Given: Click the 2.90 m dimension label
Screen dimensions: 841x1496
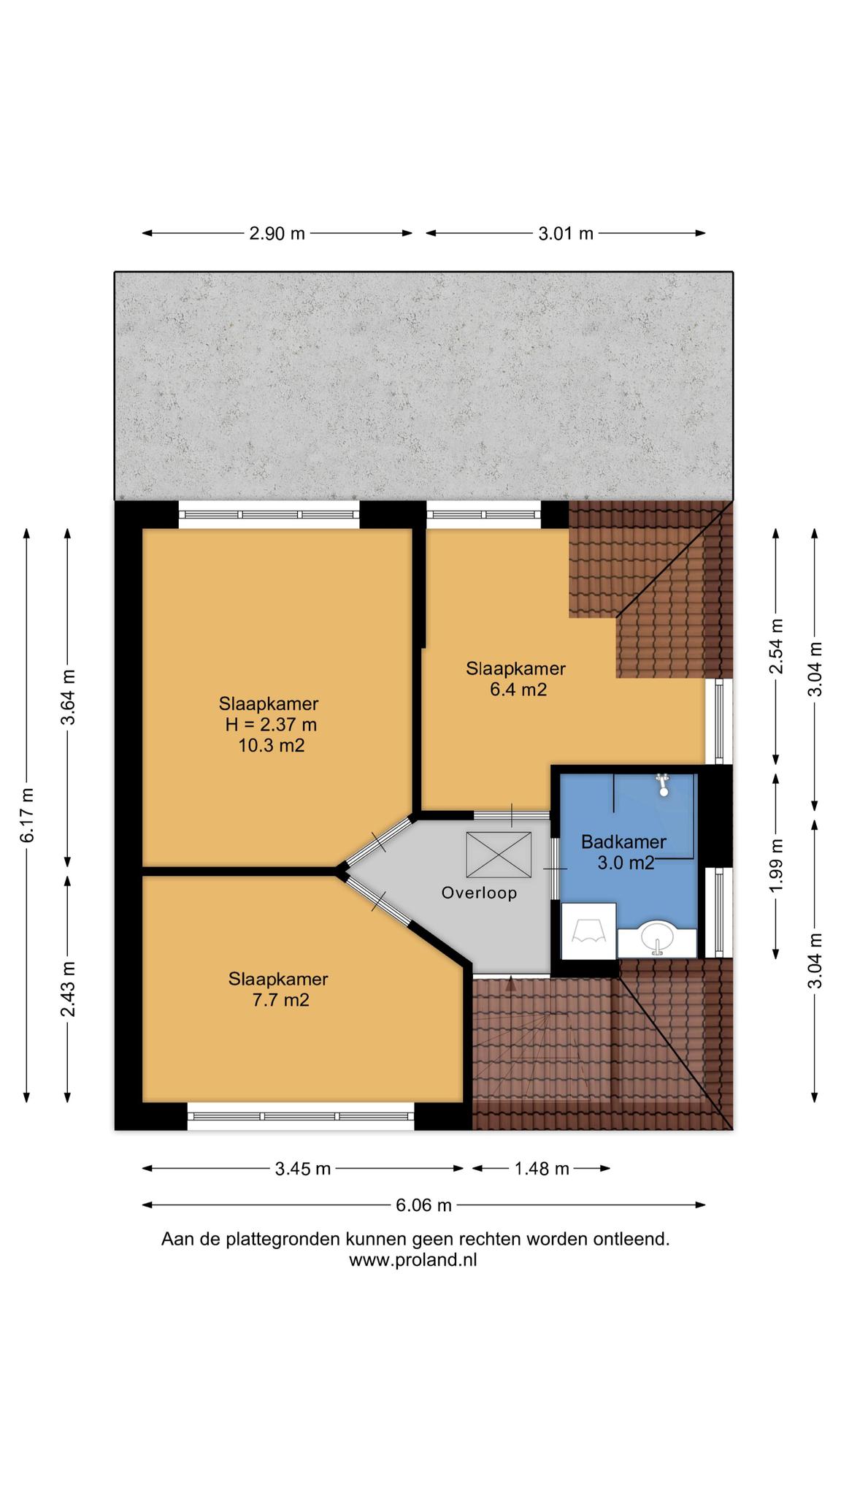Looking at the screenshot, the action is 277,234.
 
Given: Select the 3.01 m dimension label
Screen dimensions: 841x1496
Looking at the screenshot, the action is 566,234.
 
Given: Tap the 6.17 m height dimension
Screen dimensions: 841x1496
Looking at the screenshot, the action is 27,815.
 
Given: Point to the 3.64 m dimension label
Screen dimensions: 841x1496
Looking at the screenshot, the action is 68,697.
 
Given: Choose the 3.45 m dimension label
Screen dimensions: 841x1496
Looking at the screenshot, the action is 303,1169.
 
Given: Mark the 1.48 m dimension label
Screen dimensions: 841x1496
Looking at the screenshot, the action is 542,1169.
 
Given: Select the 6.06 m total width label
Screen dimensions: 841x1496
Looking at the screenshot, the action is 423,1205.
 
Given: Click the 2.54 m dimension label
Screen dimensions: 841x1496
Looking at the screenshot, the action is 776,646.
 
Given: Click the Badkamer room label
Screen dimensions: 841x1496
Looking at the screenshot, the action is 623,842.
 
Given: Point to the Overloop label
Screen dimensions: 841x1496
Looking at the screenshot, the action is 479,893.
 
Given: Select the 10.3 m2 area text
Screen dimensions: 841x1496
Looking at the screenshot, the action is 271,746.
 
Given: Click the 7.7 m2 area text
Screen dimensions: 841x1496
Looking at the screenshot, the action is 280,1000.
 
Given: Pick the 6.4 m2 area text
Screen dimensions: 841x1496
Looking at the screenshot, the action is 518,690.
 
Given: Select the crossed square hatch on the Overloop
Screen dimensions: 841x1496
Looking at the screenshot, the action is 499,855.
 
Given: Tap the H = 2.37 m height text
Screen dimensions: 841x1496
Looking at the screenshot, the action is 271,725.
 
